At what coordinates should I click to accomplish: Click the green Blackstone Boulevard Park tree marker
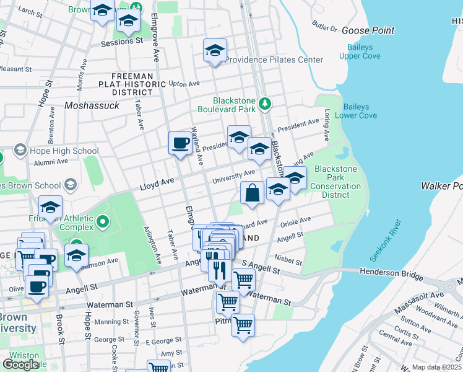point(265,102)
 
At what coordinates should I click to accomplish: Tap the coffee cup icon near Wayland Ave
point(180,143)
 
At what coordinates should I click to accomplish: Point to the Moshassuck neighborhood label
point(92,106)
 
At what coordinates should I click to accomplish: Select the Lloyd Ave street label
point(155,185)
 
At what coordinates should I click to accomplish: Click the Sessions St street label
point(122,42)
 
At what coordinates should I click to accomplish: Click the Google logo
point(20,365)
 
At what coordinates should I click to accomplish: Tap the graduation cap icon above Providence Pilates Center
point(215,50)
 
